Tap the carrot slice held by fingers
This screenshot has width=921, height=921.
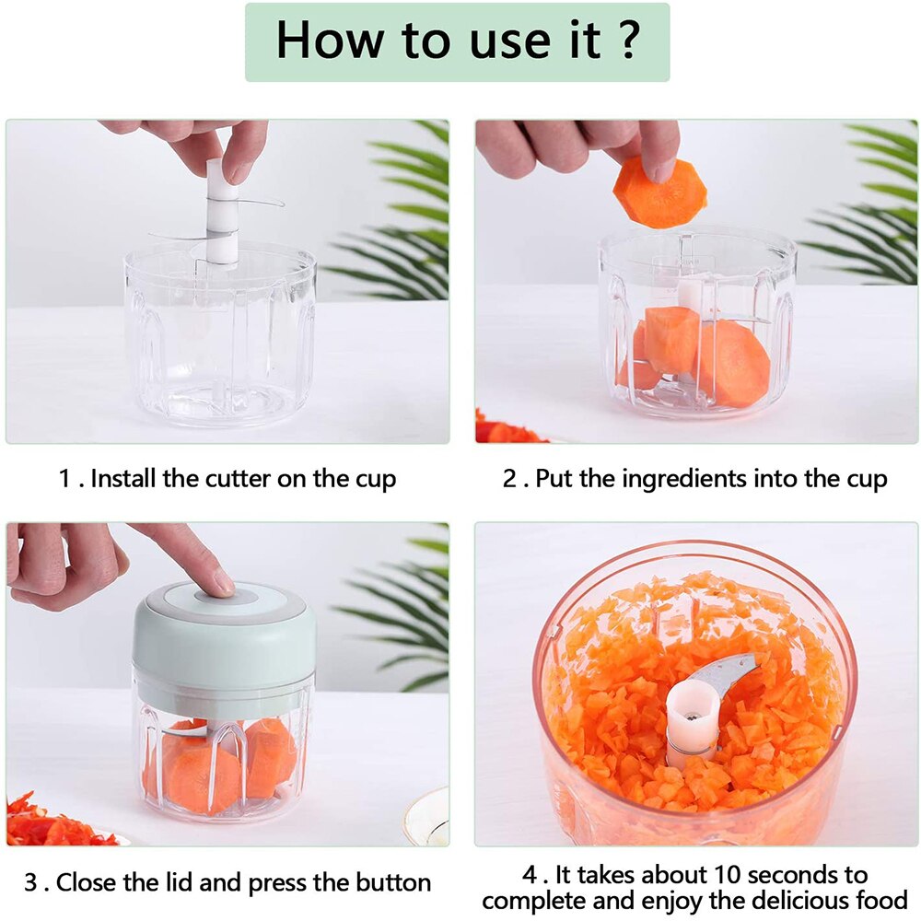[659, 192]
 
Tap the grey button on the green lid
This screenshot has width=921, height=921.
[224, 596]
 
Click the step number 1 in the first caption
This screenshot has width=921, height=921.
[64, 480]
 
